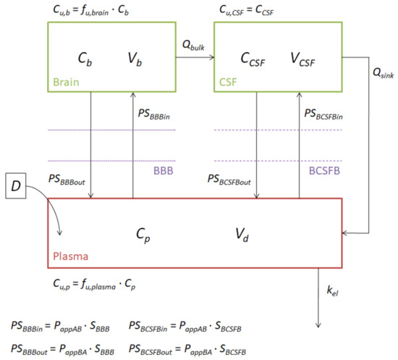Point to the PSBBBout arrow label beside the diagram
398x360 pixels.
pyautogui.click(x=66, y=179)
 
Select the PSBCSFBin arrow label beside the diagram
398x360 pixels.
pyautogui.click(x=332, y=113)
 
